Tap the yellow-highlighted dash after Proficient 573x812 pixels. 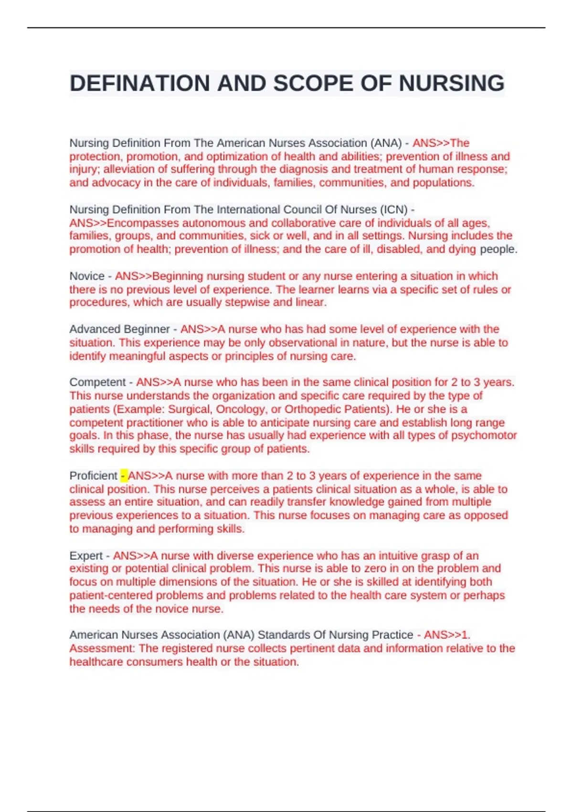click(123, 476)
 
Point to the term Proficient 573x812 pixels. click(93, 476)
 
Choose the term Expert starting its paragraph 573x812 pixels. click(86, 556)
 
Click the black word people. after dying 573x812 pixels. click(499, 249)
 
